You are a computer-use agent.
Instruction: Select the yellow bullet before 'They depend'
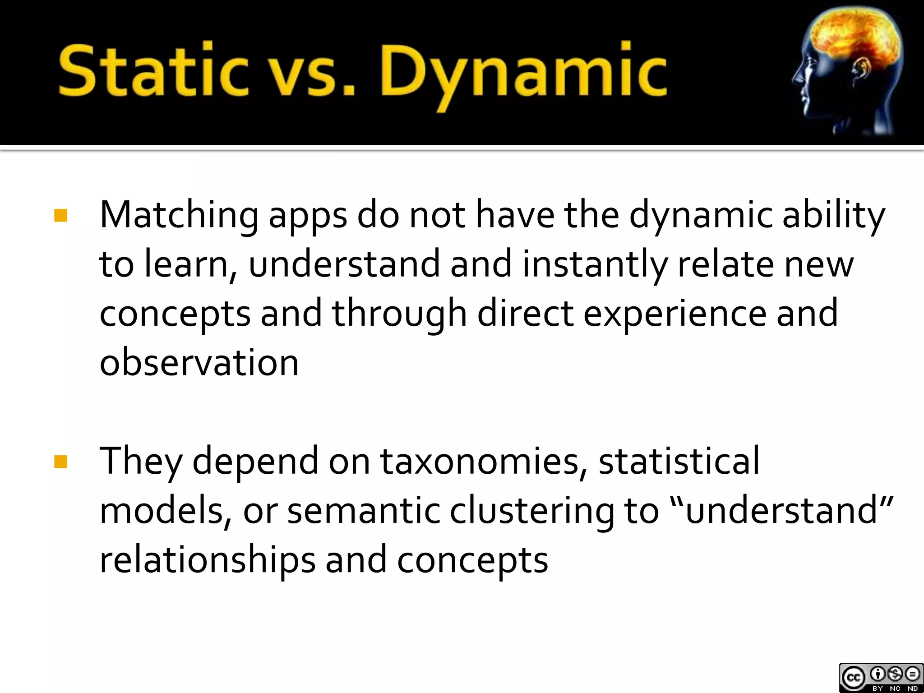pyautogui.click(x=60, y=462)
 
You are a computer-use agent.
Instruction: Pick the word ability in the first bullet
pyautogui.click(x=833, y=216)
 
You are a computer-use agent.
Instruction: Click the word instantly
pyautogui.click(x=595, y=265)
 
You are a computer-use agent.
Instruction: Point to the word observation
pyautogui.click(x=199, y=362)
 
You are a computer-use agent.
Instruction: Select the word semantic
pyautogui.click(x=364, y=511)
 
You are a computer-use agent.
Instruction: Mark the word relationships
pyautogui.click(x=207, y=560)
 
